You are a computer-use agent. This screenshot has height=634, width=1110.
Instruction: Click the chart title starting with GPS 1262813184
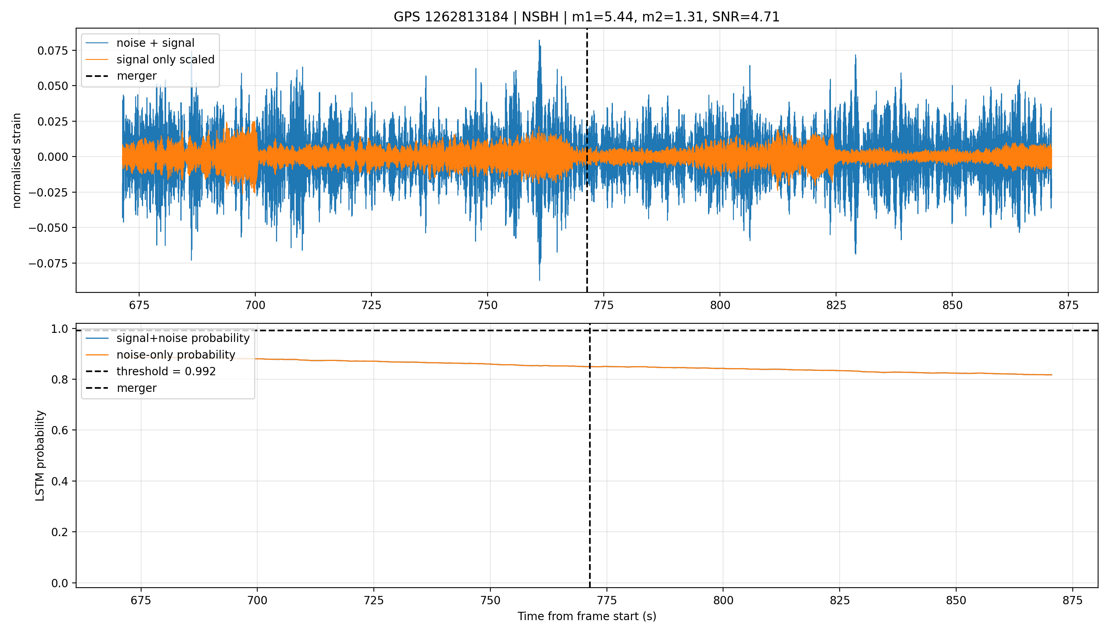[586, 17]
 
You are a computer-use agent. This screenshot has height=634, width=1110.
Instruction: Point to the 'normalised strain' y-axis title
[17, 160]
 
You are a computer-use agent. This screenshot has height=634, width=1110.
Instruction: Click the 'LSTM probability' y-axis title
[40, 455]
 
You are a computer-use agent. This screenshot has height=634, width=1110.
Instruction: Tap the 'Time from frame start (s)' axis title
[587, 616]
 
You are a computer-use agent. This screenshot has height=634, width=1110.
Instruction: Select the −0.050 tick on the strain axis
[48, 228]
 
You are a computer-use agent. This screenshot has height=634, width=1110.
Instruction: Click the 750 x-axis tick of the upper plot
[488, 305]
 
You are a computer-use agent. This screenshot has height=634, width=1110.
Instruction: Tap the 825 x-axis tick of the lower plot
[840, 600]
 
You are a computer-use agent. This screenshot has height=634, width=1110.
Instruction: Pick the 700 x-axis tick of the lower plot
[257, 600]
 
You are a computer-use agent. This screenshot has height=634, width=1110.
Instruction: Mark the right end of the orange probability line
[1052, 375]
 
